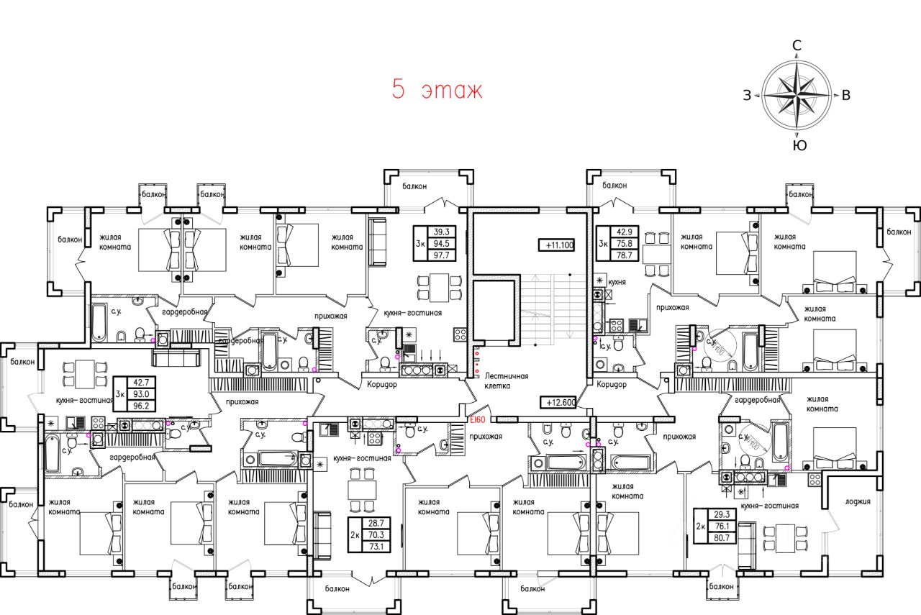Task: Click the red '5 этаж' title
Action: point(437,91)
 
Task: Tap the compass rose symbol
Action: point(797,96)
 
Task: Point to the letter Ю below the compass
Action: point(799,145)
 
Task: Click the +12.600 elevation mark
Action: point(559,402)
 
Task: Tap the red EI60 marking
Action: point(476,419)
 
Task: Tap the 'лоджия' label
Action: point(858,502)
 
